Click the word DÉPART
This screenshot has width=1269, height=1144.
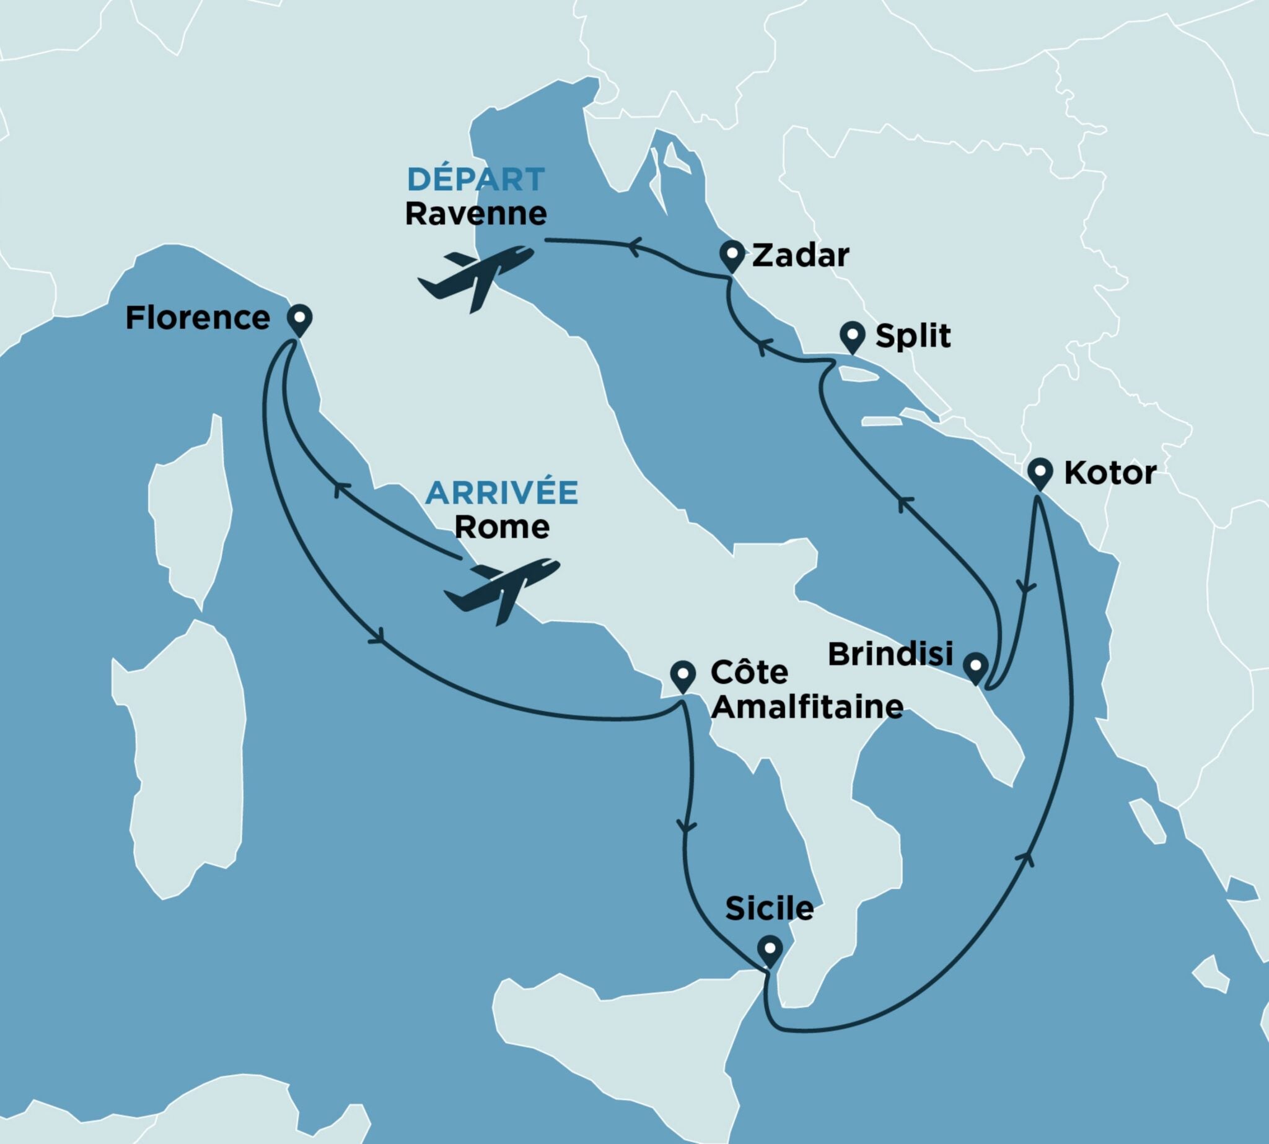[x=475, y=180]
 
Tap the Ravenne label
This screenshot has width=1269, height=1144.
[x=475, y=214]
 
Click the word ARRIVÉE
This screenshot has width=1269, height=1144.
[x=501, y=493]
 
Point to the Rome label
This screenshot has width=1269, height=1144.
[x=501, y=526]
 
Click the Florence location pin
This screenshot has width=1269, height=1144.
[x=299, y=320]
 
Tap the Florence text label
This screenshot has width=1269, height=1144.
[x=198, y=318]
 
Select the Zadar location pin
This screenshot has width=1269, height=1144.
[x=731, y=255]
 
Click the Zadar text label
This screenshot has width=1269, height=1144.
[x=800, y=255]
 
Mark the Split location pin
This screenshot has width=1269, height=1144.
[x=853, y=336]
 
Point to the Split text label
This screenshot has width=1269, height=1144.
[x=913, y=336]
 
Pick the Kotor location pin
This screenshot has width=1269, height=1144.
[x=1040, y=473]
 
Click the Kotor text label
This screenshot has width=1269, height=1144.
[x=1109, y=473]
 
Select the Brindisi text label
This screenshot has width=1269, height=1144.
[x=890, y=654]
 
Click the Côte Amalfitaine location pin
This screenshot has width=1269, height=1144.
[x=683, y=675]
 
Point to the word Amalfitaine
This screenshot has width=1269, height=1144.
[x=808, y=707]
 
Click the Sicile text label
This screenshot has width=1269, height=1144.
[x=769, y=908]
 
